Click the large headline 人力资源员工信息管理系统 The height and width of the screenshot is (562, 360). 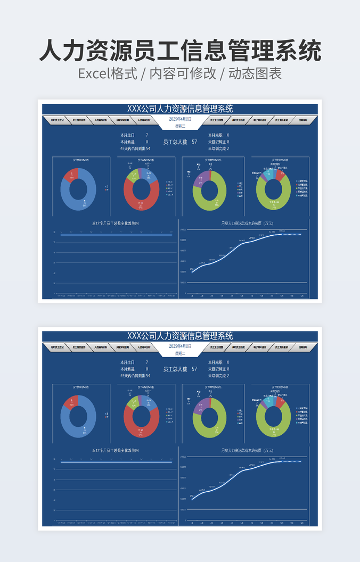click(180, 51)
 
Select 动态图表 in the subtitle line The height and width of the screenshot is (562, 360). click(255, 73)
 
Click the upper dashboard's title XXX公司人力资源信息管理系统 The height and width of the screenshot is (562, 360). click(180, 109)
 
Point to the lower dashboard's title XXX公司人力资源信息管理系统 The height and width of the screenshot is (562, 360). click(180, 336)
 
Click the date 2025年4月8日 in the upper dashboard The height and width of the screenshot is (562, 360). click(180, 120)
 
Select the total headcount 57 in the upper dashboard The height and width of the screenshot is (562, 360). click(194, 142)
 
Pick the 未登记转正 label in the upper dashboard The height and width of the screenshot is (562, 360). click(217, 142)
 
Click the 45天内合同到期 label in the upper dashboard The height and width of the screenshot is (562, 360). click(133, 148)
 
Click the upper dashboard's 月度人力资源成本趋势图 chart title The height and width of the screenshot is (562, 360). click(243, 224)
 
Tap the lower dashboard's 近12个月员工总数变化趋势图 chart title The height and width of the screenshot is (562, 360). click(116, 450)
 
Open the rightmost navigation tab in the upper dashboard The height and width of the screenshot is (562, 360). click(302, 120)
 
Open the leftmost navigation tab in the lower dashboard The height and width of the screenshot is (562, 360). click(58, 347)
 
